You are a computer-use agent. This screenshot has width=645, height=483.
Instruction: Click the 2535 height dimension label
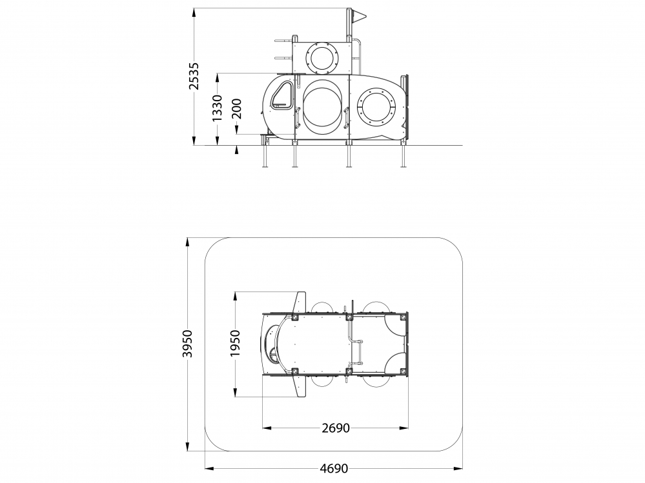pos(194,76)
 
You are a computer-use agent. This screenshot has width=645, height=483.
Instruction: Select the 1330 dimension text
pos(217,108)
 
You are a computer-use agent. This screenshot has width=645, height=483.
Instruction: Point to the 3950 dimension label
pos(188,343)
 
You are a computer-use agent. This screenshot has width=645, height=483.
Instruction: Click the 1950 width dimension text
pos(235,343)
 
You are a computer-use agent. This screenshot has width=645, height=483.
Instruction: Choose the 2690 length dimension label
pos(336,428)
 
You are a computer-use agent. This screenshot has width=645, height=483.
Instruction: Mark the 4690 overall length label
pos(334,468)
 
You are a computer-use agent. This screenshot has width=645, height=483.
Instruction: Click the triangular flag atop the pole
pos(359,16)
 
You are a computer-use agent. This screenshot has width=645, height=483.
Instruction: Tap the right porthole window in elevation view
pos(378,107)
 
